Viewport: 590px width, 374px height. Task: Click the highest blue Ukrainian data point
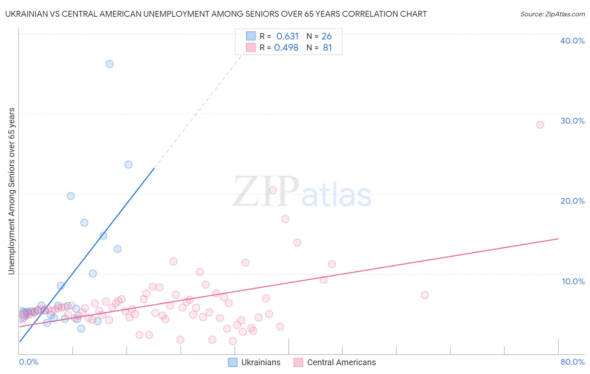(x=110, y=64)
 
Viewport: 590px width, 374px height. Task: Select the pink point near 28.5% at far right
(x=540, y=125)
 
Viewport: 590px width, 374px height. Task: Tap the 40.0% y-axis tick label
(x=572, y=41)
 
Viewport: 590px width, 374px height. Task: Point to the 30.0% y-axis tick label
(x=572, y=121)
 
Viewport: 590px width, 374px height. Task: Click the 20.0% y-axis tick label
(x=572, y=201)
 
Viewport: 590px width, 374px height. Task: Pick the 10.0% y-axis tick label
(x=573, y=281)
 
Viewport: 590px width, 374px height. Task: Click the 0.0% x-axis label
(x=29, y=362)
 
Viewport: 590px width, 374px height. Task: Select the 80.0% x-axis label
(x=572, y=362)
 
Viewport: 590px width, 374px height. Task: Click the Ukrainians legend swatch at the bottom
(x=233, y=362)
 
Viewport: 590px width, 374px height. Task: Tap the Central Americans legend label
(x=341, y=362)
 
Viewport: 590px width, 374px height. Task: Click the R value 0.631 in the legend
(x=287, y=36)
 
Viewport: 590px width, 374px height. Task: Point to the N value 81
(x=327, y=48)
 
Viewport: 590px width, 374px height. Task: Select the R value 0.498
(x=286, y=48)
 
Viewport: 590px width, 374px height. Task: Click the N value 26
(x=326, y=36)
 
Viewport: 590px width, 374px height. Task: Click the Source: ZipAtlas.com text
(x=552, y=14)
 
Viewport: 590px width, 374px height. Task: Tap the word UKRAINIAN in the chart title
(x=26, y=14)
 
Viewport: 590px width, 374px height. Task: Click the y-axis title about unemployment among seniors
(x=11, y=191)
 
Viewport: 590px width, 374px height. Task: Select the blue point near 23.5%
(x=128, y=165)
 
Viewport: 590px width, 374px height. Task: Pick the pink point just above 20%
(x=272, y=190)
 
